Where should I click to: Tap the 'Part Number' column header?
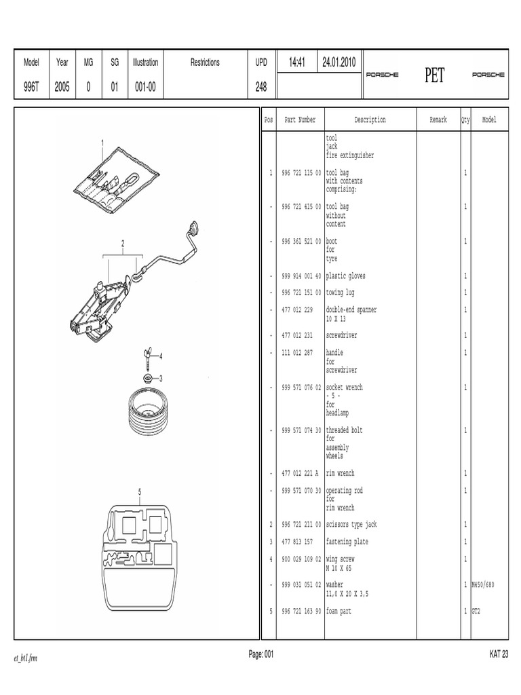click(300, 120)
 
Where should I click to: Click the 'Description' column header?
click(370, 120)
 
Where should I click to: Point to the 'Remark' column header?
click(438, 120)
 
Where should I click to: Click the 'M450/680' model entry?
click(484, 585)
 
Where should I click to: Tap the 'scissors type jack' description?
click(351, 525)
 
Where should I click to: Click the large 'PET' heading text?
click(434, 75)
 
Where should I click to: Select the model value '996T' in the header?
click(32, 88)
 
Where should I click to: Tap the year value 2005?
click(62, 88)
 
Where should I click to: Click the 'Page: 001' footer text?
click(261, 654)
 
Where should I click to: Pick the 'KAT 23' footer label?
click(498, 654)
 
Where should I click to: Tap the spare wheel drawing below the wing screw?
click(149, 414)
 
